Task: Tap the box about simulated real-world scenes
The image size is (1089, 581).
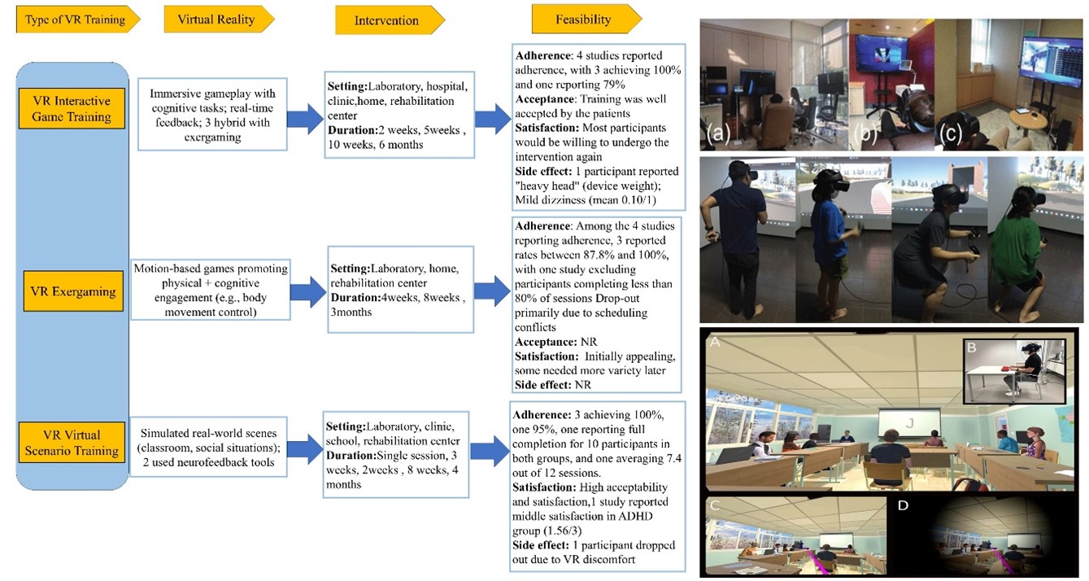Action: pyautogui.click(x=210, y=446)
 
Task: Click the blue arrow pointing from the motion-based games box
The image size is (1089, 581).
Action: pyautogui.click(x=307, y=290)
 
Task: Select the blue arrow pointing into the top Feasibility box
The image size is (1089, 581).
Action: pyautogui.click(x=492, y=119)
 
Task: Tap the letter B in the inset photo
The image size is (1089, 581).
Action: pyautogui.click(x=971, y=348)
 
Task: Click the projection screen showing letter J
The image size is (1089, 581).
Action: pyautogui.click(x=909, y=422)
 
